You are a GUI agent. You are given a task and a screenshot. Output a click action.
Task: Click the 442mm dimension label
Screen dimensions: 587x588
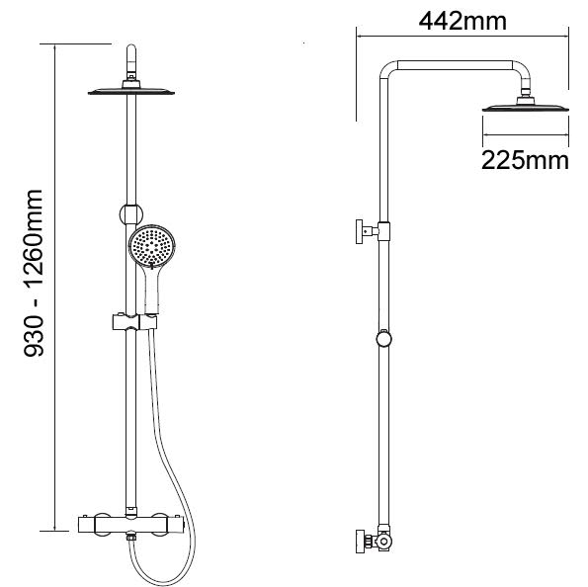pos(462,19)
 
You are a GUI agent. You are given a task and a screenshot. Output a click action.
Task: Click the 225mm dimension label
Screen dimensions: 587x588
pos(524,160)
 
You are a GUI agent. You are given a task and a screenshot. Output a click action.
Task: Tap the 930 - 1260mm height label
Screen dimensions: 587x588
pos(36,289)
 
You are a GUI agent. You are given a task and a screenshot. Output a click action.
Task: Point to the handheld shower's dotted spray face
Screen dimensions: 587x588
pos(151,245)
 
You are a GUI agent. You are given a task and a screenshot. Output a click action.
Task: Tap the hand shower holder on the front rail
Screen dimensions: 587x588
pos(128,321)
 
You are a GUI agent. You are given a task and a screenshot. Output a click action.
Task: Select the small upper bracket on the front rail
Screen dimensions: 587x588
pos(128,210)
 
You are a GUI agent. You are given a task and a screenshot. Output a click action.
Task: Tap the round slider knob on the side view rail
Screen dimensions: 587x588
pos(384,340)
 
